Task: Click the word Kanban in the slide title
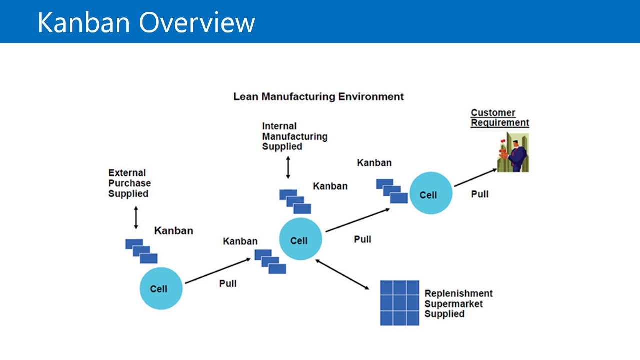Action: pos(84,22)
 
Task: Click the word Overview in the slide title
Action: pos(197,22)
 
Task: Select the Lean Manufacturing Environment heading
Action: pos(318,96)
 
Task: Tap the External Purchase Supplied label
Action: pos(129,183)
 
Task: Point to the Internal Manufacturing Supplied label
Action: pos(294,136)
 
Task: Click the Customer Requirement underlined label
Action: pos(499,118)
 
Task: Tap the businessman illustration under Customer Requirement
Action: pos(513,152)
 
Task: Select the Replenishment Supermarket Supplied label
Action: pos(458,303)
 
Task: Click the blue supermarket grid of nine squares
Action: pos(399,303)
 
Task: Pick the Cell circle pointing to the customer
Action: pos(431,194)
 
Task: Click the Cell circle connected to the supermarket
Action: pos(300,239)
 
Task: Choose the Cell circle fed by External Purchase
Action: pos(161,288)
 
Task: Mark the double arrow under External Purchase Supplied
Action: pos(136,217)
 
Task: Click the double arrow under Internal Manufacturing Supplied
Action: pos(288,167)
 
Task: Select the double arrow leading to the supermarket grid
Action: pos(342,274)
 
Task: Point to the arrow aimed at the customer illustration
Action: pos(475,178)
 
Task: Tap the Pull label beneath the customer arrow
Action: pos(479,194)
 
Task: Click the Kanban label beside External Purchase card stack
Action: pos(173,231)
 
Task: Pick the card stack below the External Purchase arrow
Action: pos(141,251)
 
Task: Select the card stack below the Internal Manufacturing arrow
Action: pos(295,202)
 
